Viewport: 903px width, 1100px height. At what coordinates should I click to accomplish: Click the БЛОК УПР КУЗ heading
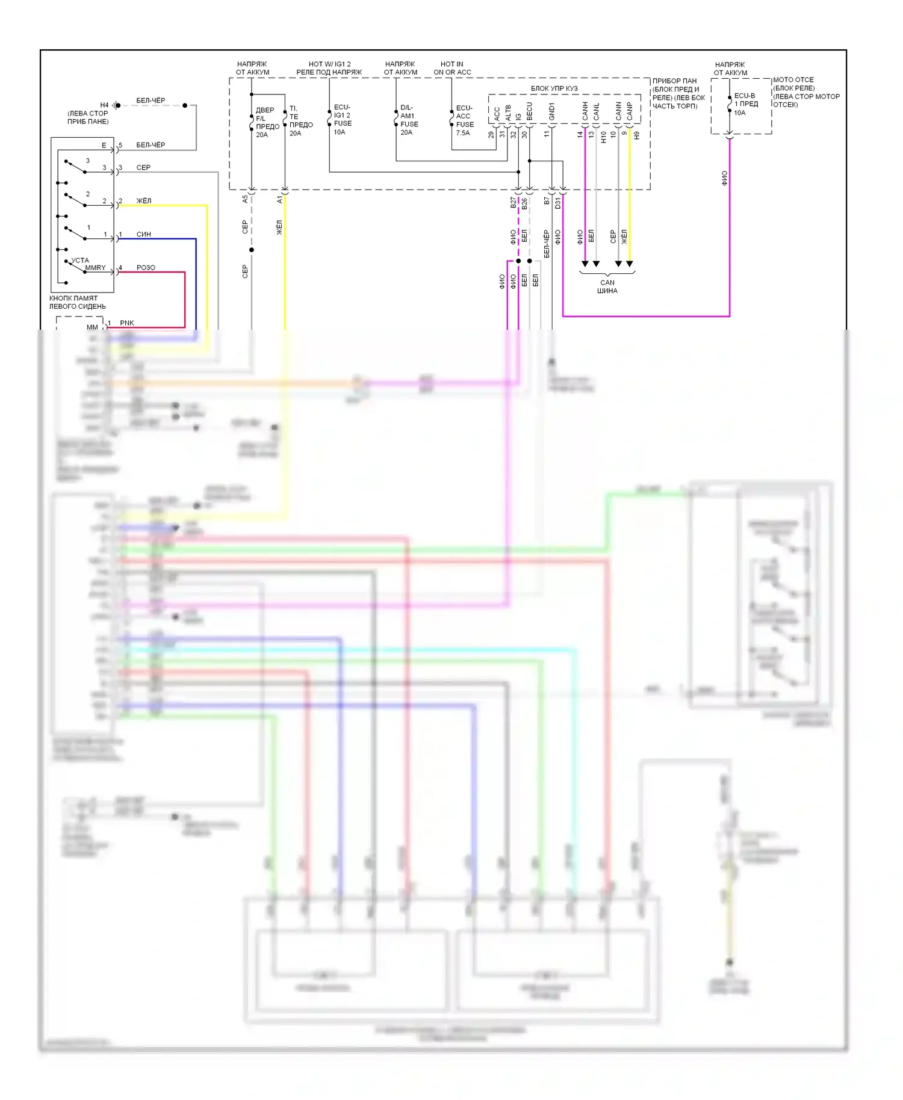[x=554, y=88]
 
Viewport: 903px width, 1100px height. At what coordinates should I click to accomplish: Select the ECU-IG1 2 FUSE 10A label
[x=343, y=120]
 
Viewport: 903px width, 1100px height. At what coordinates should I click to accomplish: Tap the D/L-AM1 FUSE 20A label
[x=409, y=120]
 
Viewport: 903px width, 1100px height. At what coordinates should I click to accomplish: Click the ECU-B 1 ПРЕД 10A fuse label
[x=745, y=104]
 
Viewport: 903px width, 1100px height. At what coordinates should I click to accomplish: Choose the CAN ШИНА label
[x=607, y=286]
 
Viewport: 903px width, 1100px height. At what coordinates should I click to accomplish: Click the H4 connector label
[x=104, y=105]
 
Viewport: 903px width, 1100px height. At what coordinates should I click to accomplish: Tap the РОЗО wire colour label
[x=146, y=268]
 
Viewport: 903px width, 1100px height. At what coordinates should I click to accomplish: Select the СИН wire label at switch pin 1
[x=143, y=234]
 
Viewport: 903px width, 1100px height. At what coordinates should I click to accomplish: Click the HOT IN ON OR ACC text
[x=452, y=68]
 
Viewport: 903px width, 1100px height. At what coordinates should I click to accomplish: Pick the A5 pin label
[x=245, y=199]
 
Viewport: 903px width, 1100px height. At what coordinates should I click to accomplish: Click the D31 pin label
[x=557, y=203]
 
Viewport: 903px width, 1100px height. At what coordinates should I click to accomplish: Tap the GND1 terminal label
[x=552, y=111]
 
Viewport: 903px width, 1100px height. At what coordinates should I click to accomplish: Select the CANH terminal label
[x=585, y=111]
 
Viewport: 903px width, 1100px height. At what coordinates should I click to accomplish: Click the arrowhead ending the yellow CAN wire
[x=630, y=264]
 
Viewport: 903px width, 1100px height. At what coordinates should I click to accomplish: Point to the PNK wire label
[x=127, y=323]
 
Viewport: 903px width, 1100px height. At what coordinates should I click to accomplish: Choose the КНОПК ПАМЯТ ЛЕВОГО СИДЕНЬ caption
[x=78, y=302]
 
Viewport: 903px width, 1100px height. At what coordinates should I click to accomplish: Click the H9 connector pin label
[x=636, y=136]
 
